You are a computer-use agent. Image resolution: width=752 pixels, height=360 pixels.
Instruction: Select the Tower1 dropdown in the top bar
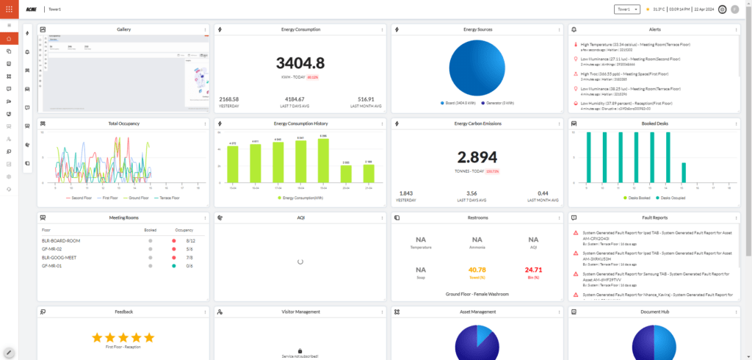pos(626,10)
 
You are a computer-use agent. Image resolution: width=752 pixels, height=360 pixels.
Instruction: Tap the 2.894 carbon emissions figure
pos(477,156)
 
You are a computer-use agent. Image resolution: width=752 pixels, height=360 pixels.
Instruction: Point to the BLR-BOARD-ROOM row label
pos(61,240)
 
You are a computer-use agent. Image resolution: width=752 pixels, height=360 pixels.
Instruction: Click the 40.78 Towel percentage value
pos(477,269)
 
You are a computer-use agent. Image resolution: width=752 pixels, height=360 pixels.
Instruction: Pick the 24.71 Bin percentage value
pos(533,269)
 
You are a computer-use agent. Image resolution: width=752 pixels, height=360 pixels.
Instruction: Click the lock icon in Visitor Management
pos(299,351)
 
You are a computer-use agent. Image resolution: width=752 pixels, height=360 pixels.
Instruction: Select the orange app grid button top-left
pos(9,10)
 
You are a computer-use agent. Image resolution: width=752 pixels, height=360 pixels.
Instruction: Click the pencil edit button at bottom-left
pos(9,353)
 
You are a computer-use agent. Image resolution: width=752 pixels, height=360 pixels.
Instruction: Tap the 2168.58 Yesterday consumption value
pos(229,98)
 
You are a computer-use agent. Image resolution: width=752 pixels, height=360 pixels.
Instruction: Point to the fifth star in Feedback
pos(149,338)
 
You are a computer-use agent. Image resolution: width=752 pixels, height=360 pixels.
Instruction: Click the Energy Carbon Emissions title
pos(477,123)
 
